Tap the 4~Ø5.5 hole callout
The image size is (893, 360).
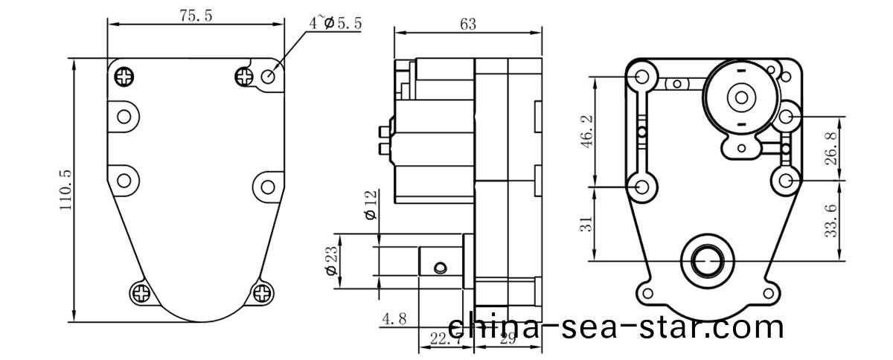pyautogui.click(x=336, y=23)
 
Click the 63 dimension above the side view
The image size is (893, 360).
pyautogui.click(x=468, y=25)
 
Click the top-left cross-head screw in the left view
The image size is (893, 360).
pyautogui.click(x=124, y=75)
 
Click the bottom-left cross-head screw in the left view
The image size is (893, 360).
pyautogui.click(x=141, y=292)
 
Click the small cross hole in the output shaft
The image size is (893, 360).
pyautogui.click(x=441, y=266)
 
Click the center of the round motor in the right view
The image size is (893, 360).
pyautogui.click(x=740, y=96)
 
